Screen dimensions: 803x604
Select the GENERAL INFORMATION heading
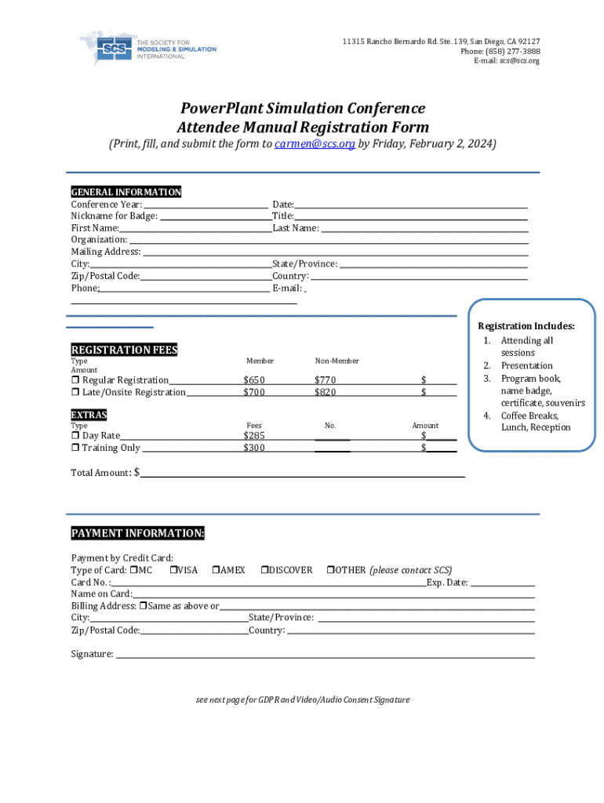(x=126, y=192)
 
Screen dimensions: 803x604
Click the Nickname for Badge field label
(x=115, y=216)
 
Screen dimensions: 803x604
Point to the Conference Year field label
(x=107, y=204)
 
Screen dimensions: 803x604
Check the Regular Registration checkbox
(x=75, y=380)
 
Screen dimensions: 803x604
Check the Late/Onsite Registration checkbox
(x=75, y=392)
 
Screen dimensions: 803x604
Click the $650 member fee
(x=254, y=380)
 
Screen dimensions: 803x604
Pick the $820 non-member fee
(x=325, y=392)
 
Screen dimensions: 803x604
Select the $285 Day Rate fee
(x=254, y=435)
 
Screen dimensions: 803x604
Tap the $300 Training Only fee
(x=254, y=448)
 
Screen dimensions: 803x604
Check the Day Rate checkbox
(x=75, y=435)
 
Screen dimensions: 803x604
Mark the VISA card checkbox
(x=173, y=570)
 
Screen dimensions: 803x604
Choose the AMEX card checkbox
(x=216, y=570)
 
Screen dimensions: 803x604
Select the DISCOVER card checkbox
(x=264, y=570)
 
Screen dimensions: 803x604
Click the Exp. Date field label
(x=447, y=583)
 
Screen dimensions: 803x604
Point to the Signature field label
(x=92, y=654)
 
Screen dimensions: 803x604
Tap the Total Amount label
(x=101, y=473)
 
